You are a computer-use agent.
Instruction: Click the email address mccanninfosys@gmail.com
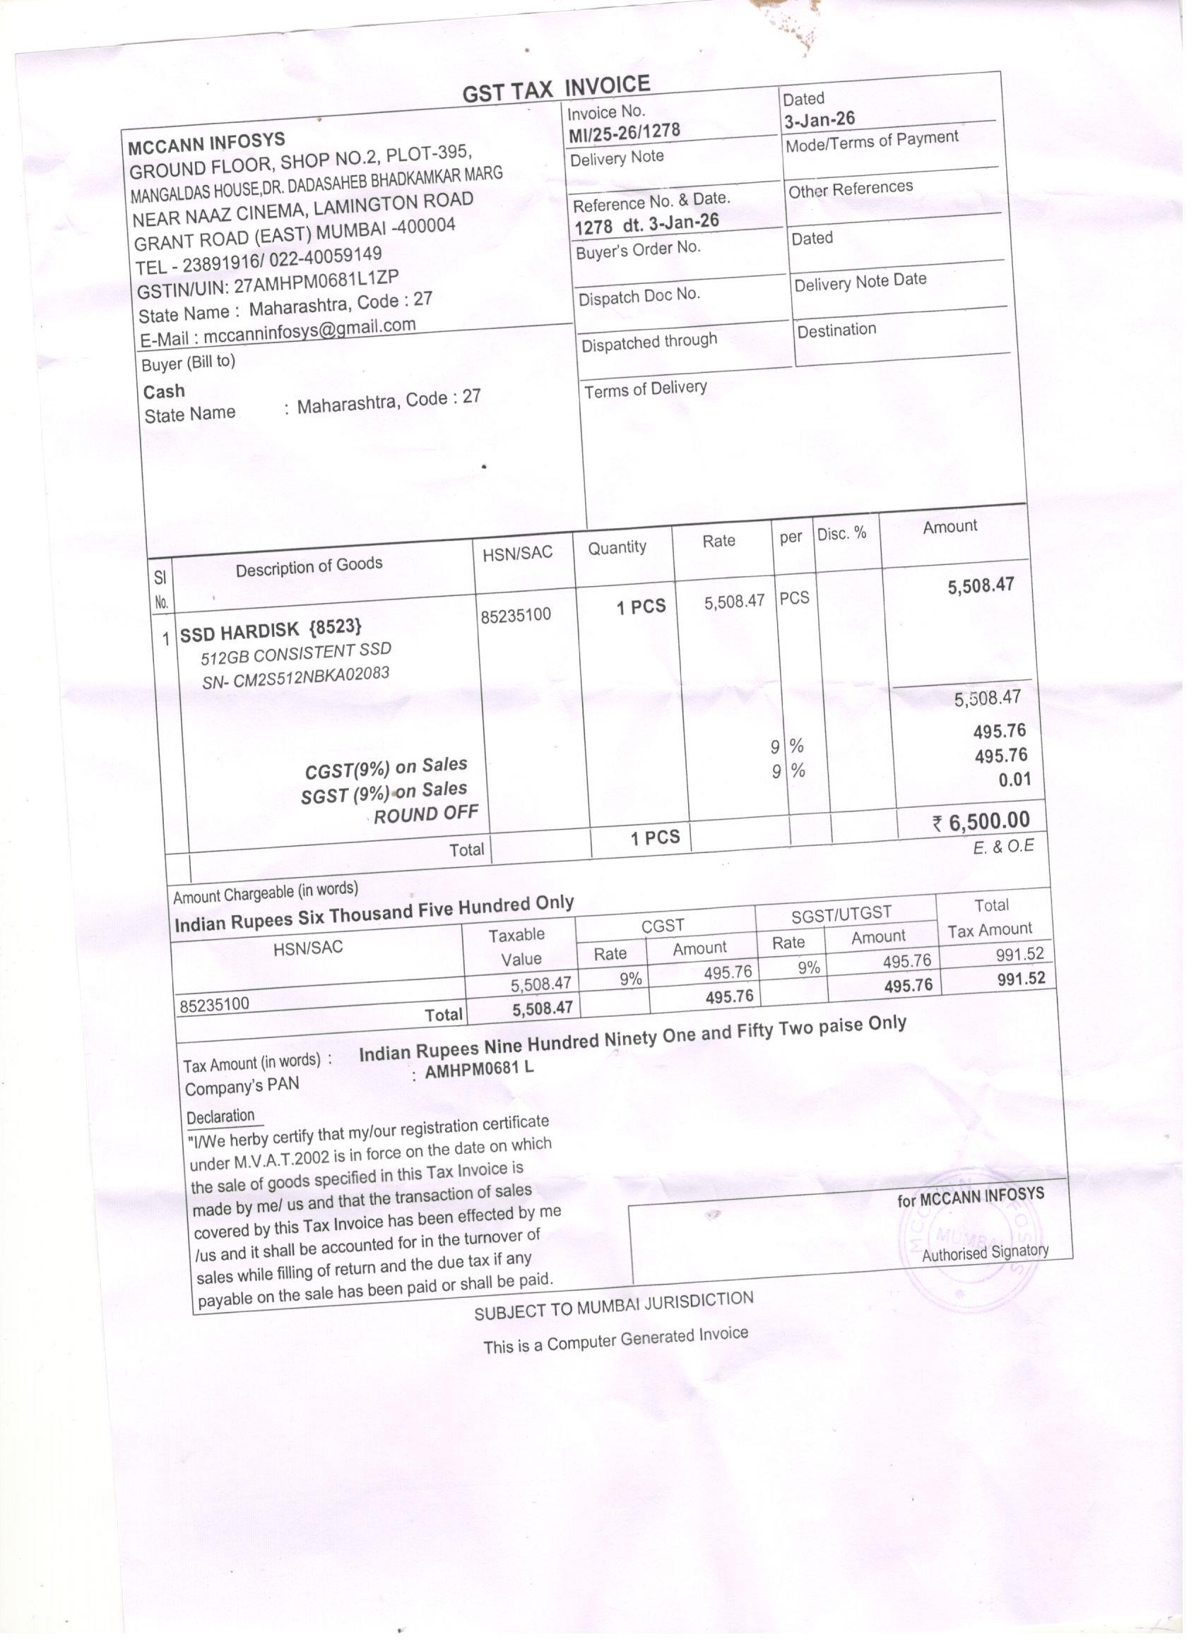click(x=309, y=330)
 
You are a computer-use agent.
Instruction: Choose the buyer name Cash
click(x=164, y=392)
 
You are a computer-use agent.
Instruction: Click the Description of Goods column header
click(x=309, y=566)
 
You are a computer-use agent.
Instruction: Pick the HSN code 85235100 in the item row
click(x=516, y=615)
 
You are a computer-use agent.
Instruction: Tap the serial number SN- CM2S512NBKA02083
click(x=296, y=677)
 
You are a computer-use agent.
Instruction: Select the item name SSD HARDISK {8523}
click(x=270, y=631)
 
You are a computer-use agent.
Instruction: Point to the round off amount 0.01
click(x=1014, y=780)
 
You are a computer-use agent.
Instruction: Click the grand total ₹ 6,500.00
click(x=981, y=822)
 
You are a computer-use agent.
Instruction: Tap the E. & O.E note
click(x=1003, y=847)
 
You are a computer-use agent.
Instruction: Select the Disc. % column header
click(x=841, y=534)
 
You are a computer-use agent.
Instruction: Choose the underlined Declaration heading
click(x=220, y=1116)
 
